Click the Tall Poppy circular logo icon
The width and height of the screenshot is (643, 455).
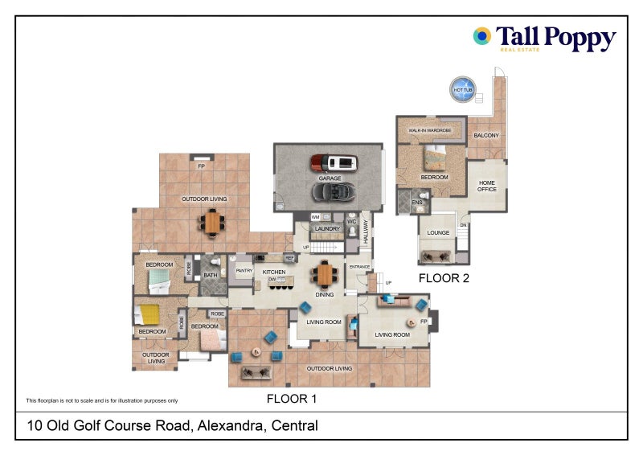[x=482, y=35]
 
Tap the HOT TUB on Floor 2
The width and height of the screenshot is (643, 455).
[x=463, y=88]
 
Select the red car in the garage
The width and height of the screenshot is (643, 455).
[x=330, y=163]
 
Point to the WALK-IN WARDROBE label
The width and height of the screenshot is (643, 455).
[x=429, y=130]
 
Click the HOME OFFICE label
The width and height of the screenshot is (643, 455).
[x=487, y=186]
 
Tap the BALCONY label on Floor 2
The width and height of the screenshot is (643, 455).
[x=486, y=135]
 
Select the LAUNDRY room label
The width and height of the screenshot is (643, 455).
[x=326, y=229]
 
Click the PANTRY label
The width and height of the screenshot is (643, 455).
[x=244, y=272]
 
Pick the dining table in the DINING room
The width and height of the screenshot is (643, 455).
[x=325, y=275]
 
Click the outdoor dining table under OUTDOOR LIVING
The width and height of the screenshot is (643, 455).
[x=212, y=222]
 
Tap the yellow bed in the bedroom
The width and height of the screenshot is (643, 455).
[x=149, y=313]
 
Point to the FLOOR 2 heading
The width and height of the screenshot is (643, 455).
[x=444, y=279]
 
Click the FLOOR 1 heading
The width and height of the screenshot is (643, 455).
[x=292, y=398]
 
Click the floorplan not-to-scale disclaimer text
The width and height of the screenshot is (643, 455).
[x=102, y=400]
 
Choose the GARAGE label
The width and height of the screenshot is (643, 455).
[x=330, y=178]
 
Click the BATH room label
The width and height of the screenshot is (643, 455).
[x=211, y=276]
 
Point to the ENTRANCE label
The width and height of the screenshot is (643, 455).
[x=358, y=267]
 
